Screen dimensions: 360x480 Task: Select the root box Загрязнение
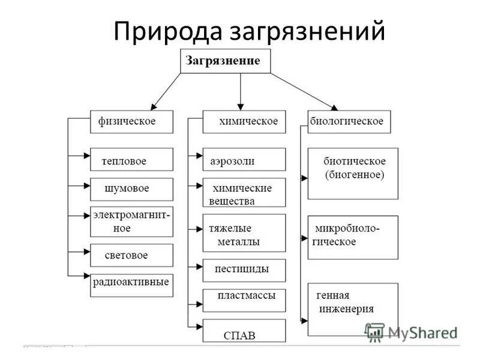click(x=225, y=61)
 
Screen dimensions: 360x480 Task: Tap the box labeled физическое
click(x=131, y=122)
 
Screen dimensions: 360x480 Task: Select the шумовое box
click(x=131, y=189)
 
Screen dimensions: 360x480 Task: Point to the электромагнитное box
click(x=131, y=221)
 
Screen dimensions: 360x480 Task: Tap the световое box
click(x=131, y=255)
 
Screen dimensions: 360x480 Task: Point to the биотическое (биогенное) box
click(x=353, y=173)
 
